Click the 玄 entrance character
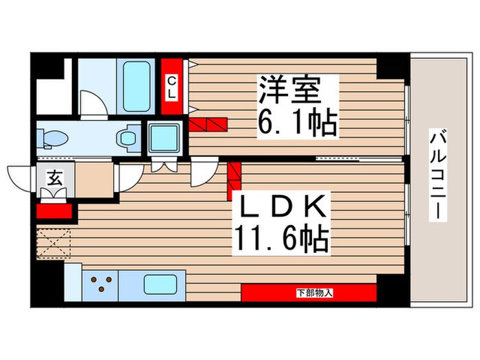pyautogui.click(x=53, y=178)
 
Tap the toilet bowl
pyautogui.click(x=53, y=139)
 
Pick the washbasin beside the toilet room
pyautogui.click(x=128, y=139)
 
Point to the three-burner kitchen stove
pyautogui.click(x=100, y=283)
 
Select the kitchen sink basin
pyautogui.click(x=161, y=283)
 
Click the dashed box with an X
pyautogui.click(x=53, y=243)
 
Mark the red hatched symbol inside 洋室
pyautogui.click(x=208, y=124)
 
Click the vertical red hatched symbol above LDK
pyautogui.click(x=234, y=180)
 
